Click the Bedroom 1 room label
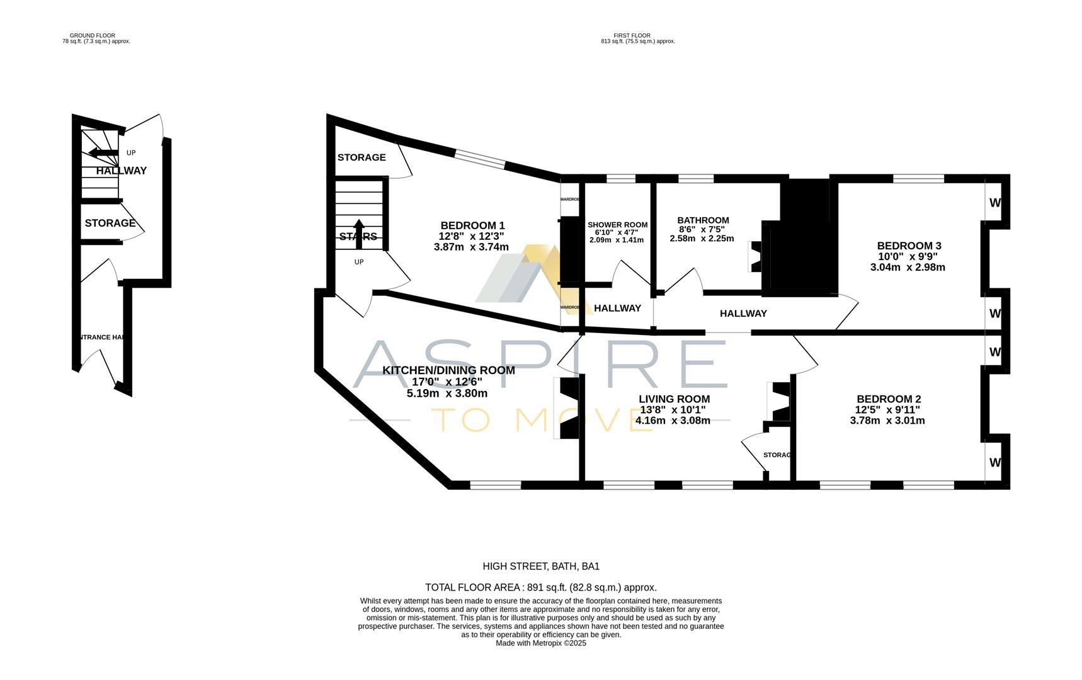click(x=472, y=225)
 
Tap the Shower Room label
click(x=617, y=225)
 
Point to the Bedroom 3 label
click(x=909, y=246)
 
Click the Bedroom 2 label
click(x=889, y=399)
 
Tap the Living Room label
click(x=674, y=399)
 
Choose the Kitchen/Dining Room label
click(x=448, y=370)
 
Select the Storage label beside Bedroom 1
click(x=362, y=157)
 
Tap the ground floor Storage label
click(x=110, y=223)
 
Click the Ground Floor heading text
click(x=93, y=36)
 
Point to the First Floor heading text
click(x=632, y=36)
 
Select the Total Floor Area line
click(x=541, y=587)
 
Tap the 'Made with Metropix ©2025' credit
click(x=541, y=643)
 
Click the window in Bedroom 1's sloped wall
click(x=480, y=158)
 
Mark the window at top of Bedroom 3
click(x=918, y=179)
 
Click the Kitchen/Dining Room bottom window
click(x=495, y=485)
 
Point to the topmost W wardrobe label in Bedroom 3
click(x=995, y=203)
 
